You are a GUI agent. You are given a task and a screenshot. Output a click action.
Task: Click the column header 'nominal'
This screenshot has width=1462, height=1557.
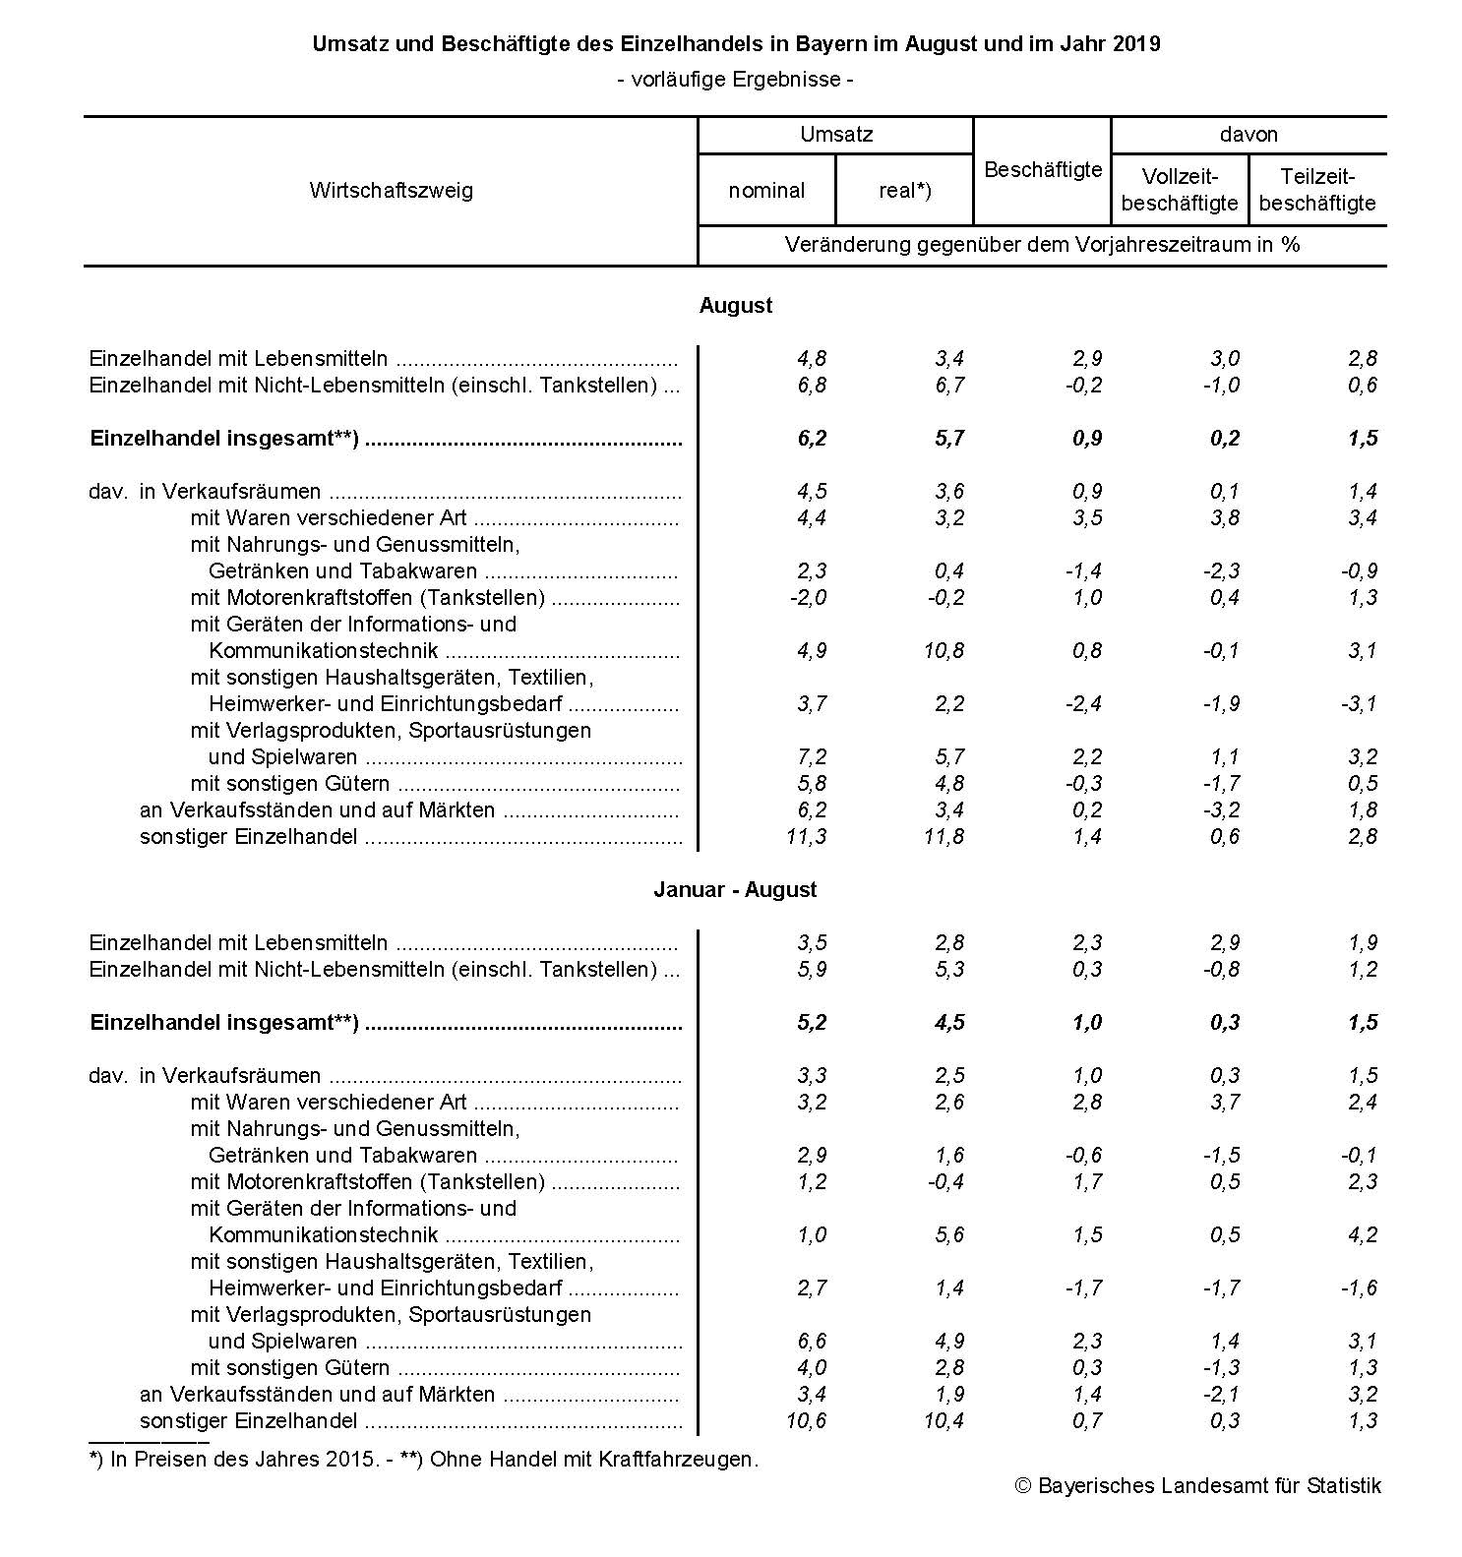coord(766,191)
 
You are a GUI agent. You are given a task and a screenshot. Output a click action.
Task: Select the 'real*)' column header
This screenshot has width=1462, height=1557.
coord(904,191)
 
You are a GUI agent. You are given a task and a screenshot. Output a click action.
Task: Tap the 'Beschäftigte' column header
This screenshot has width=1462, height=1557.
coord(1043,170)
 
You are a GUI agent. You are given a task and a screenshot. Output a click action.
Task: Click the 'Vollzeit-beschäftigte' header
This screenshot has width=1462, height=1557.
coord(1180,191)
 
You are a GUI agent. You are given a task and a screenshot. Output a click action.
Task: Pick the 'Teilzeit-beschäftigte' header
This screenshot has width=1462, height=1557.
coord(1317,191)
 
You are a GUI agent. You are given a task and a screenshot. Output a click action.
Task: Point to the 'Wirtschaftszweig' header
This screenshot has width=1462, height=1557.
coord(391,191)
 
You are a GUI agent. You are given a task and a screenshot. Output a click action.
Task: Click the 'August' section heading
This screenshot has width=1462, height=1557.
coord(736,306)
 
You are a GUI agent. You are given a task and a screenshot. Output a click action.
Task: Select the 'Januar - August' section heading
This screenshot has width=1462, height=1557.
coord(736,890)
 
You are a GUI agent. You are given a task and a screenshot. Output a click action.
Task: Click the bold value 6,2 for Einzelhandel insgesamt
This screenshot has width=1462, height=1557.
coord(812,439)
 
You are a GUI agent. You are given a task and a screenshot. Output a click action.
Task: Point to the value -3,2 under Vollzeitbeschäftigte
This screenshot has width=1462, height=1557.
coord(1220,810)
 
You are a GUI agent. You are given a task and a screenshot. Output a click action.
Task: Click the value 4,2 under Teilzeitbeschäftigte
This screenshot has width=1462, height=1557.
coord(1363,1235)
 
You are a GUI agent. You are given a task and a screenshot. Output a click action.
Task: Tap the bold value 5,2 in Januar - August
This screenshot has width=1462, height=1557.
coord(812,1023)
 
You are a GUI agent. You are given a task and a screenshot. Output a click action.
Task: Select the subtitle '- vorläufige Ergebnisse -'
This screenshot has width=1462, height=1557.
coord(735,79)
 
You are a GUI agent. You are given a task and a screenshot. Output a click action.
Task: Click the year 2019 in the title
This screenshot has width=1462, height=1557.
coord(1137,44)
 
